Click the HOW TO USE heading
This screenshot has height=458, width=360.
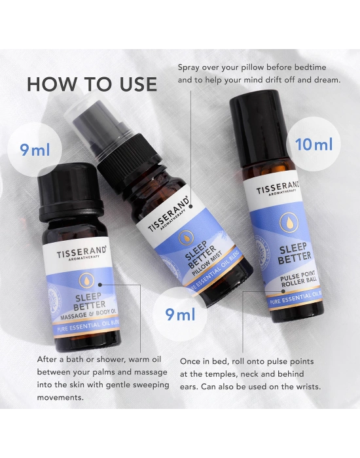coord(92,84)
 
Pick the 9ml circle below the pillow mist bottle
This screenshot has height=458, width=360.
coord(181,315)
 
